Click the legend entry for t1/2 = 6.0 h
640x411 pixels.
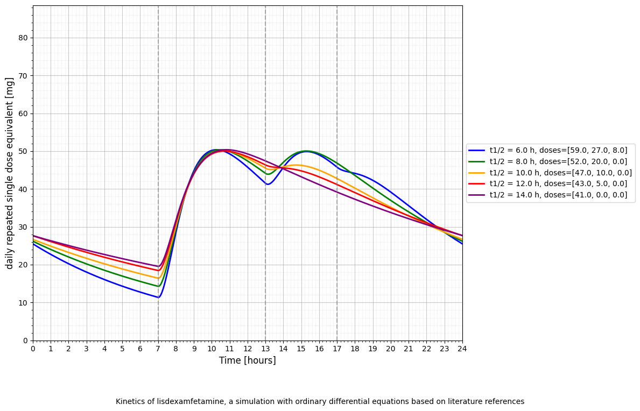pos(558,151)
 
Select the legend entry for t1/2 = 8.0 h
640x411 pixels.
pos(558,162)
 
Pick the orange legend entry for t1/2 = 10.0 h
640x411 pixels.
pos(560,173)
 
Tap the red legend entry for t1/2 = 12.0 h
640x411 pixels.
pos(558,184)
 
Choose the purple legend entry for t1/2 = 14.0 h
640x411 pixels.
pos(558,195)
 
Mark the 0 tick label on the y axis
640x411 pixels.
pos(25,341)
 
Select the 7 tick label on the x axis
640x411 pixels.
pos(158,349)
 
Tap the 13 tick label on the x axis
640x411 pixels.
pos(265,349)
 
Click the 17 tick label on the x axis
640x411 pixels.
pos(337,349)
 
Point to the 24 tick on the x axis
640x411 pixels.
pos(462,349)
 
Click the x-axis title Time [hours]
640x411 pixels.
pos(247,360)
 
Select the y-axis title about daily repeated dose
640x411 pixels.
pos(10,173)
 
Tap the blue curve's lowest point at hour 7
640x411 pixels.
pos(158,297)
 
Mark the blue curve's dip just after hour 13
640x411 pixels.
pos(268,185)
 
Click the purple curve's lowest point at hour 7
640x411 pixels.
pos(159,266)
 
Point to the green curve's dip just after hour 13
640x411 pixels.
pos(268,174)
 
